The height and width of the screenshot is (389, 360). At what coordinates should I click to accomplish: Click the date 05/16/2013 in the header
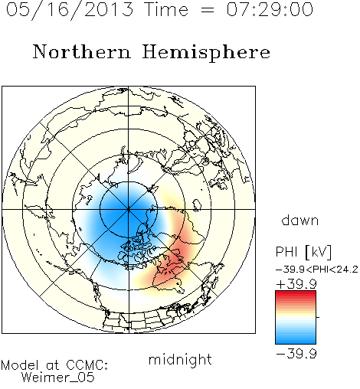(70, 10)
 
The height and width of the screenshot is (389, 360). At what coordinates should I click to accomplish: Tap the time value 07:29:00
(270, 9)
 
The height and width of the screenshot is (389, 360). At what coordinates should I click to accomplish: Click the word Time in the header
(166, 9)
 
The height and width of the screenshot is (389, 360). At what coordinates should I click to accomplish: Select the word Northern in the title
(82, 52)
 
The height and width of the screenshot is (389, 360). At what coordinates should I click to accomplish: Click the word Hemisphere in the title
(206, 53)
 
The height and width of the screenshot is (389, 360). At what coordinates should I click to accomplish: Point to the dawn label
(300, 220)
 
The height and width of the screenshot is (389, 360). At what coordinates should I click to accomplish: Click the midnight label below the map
(180, 360)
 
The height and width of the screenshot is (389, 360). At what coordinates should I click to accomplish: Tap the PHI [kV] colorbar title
(303, 252)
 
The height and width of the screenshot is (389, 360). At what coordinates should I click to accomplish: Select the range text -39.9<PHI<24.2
(317, 270)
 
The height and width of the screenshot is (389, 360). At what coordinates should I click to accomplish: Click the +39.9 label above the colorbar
(296, 284)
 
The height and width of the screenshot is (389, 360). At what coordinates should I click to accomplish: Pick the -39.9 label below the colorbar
(296, 354)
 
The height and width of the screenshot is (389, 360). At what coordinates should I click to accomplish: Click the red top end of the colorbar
(296, 293)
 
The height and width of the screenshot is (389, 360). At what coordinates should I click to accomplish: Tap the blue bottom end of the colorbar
(296, 342)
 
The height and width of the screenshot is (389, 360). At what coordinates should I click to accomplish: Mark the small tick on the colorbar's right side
(318, 317)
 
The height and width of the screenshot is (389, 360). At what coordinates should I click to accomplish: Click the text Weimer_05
(58, 378)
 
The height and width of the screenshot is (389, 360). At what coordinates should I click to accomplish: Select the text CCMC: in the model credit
(87, 365)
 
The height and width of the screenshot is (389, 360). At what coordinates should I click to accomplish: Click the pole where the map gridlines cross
(129, 210)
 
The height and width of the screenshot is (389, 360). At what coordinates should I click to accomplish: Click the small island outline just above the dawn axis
(197, 205)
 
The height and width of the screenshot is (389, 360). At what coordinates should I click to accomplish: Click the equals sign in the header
(207, 10)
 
